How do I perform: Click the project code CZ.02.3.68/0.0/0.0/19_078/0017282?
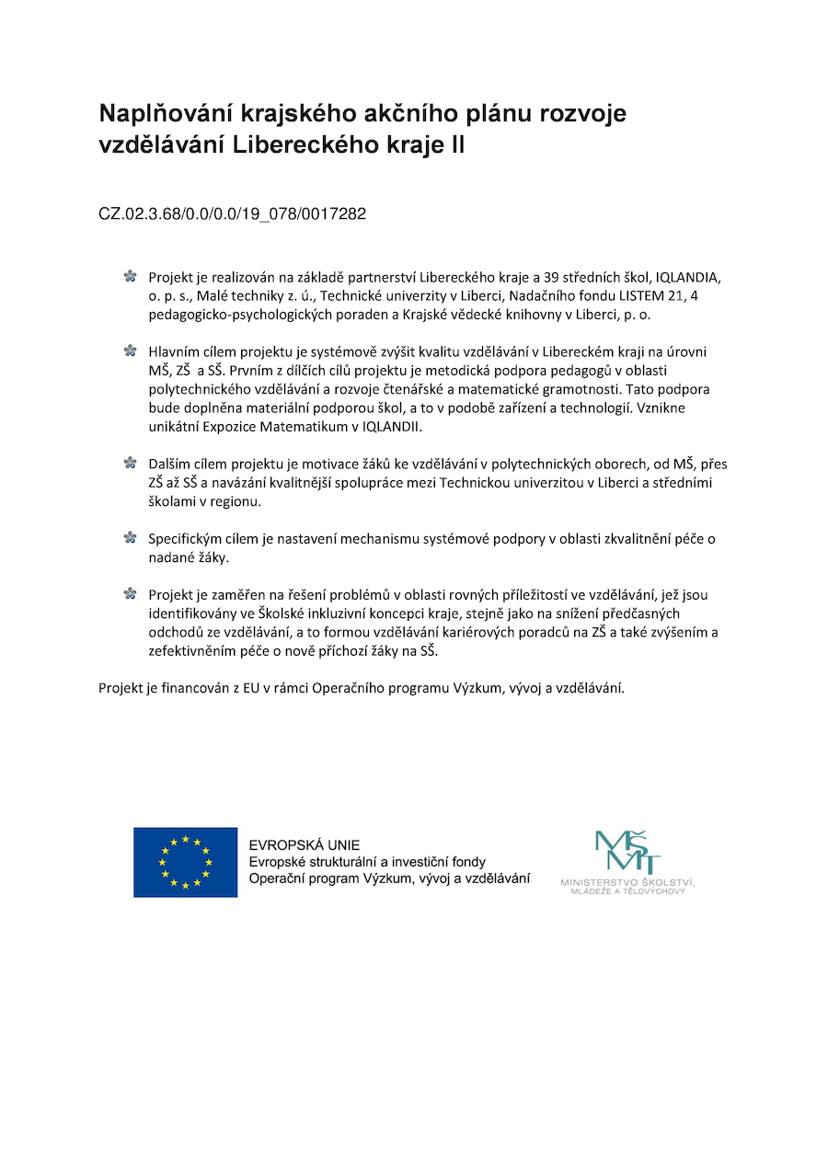point(232,214)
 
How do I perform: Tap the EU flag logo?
point(185,862)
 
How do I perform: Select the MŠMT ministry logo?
point(627,853)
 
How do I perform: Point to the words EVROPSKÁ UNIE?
point(305,845)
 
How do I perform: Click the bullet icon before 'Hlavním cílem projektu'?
point(130,350)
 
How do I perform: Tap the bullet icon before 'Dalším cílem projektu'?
point(130,463)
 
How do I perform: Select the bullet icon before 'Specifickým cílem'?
point(130,537)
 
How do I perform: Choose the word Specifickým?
point(186,538)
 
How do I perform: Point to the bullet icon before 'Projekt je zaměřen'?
point(130,593)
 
